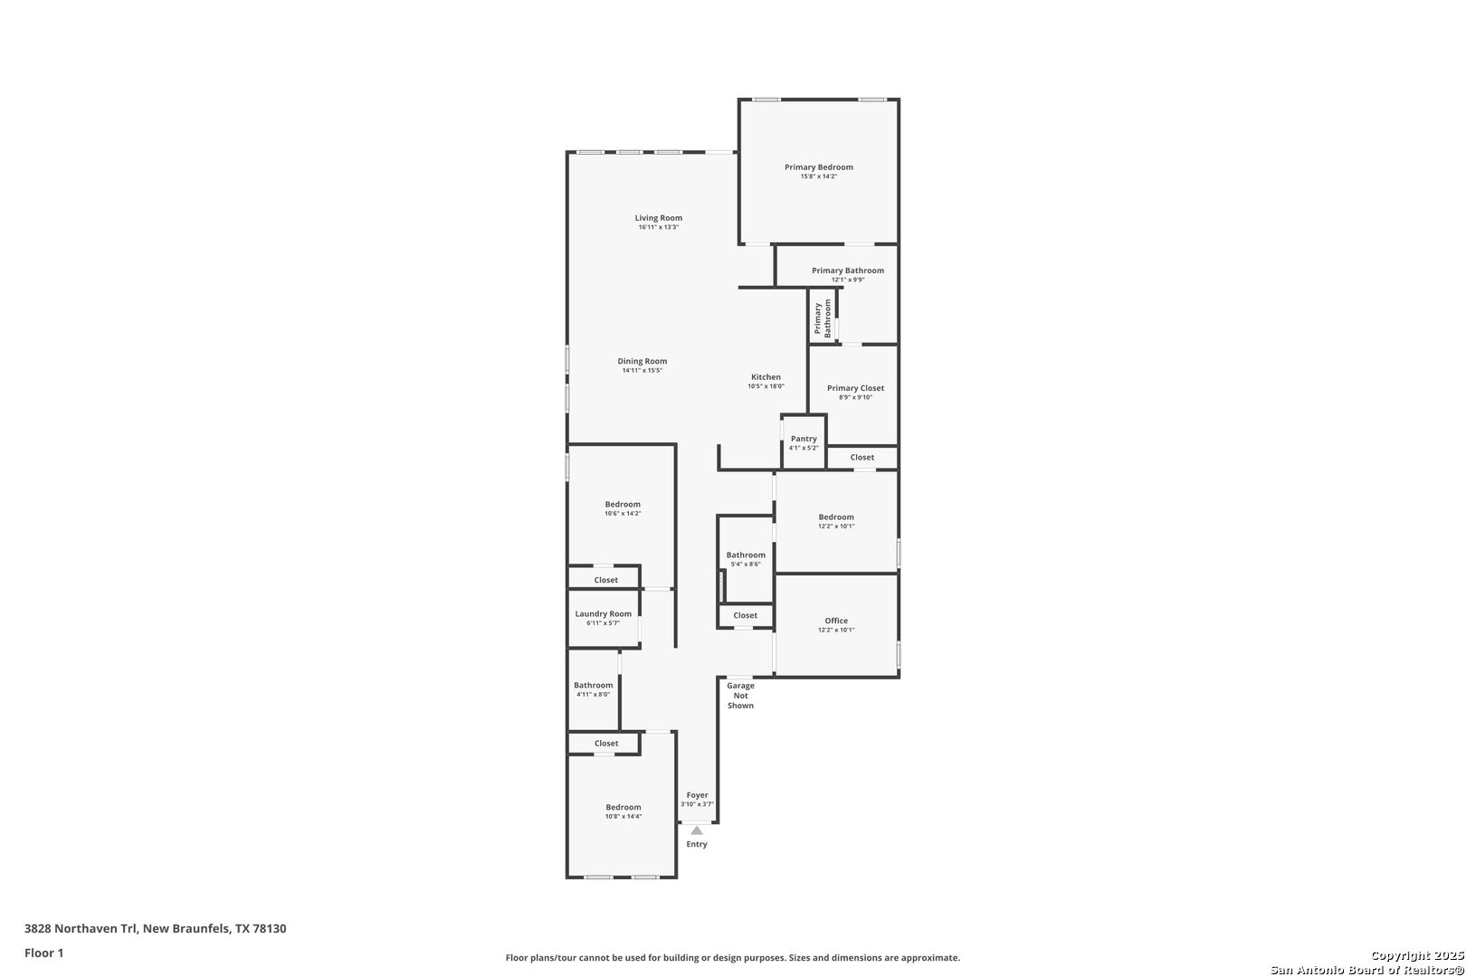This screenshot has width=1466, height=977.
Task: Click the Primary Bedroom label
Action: coord(818,167)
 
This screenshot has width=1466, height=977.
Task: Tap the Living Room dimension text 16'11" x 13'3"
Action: coord(658,227)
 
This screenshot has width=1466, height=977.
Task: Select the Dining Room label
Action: coord(643,361)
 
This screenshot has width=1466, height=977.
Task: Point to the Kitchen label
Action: coord(766,377)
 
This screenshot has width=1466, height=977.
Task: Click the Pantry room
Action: coord(804,442)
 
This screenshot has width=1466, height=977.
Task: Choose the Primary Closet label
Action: coord(855,388)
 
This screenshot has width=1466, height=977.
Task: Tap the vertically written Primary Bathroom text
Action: coord(823,318)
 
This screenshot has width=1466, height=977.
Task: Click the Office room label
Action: coord(836,621)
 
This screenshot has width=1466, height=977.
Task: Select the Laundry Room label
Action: coord(604,613)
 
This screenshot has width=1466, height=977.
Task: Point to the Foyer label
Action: coord(697,795)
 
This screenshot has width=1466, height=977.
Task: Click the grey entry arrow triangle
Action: coord(697,830)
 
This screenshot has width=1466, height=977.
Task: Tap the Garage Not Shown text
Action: coord(740,695)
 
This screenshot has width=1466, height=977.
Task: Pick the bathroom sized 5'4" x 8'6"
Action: coord(746,559)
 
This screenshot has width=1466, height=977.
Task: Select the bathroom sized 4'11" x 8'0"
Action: coord(593,689)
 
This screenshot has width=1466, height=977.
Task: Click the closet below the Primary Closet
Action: coord(862,457)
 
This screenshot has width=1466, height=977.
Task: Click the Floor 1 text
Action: coord(44,953)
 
